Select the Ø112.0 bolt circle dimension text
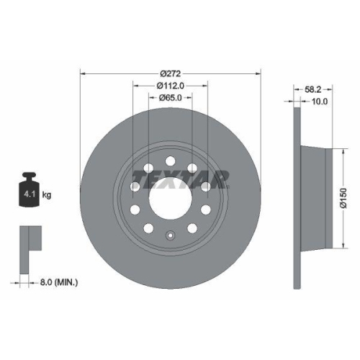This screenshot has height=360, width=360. pyautogui.click(x=171, y=86)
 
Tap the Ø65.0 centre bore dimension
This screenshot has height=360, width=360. pyautogui.click(x=171, y=98)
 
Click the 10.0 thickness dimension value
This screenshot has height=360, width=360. pyautogui.click(x=320, y=102)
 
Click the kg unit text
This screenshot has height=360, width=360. pyautogui.click(x=47, y=194)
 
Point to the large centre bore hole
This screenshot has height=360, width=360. pyautogui.click(x=171, y=196)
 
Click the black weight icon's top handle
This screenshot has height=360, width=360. pyautogui.click(x=30, y=176)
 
